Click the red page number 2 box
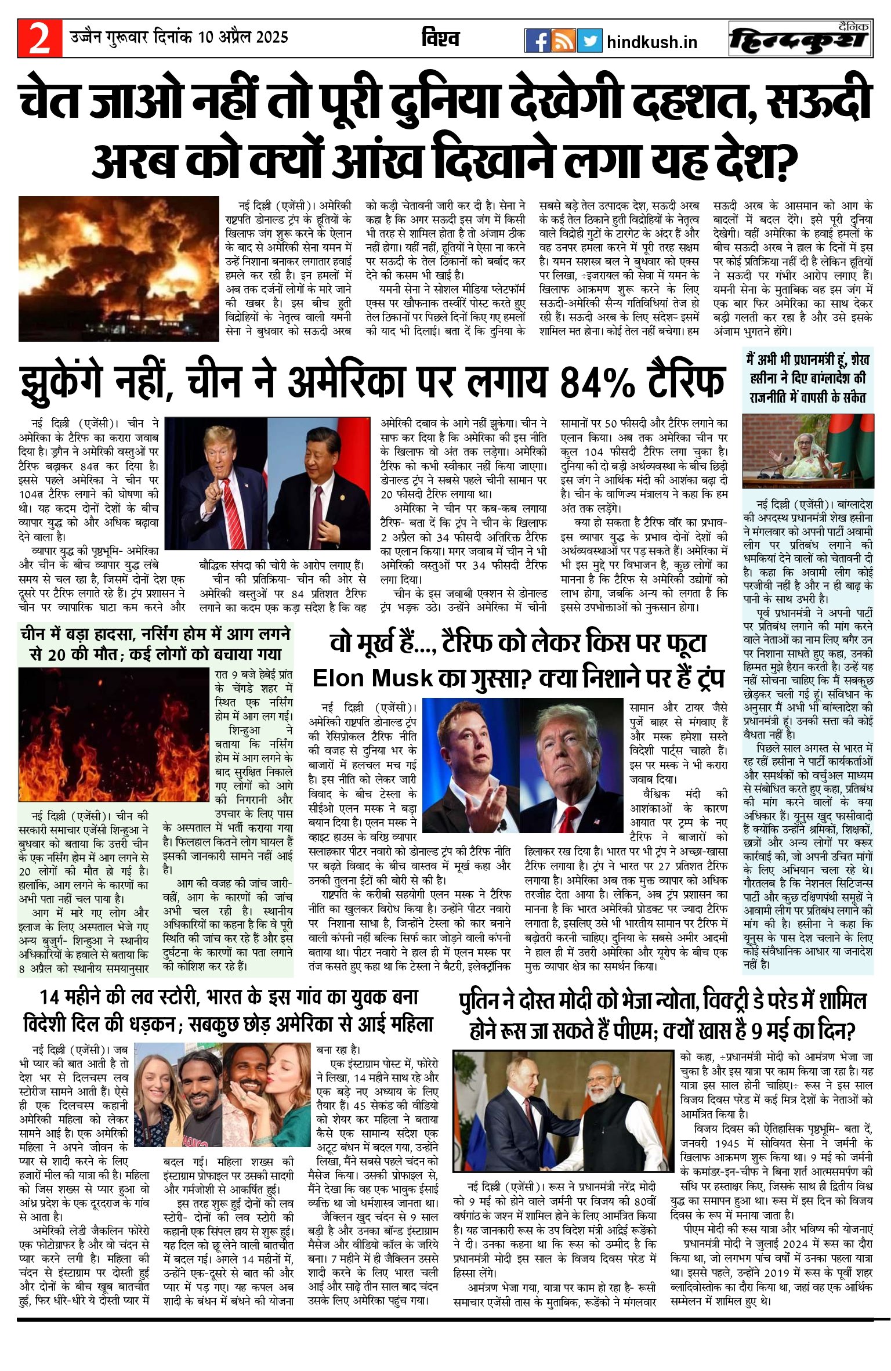pyautogui.click(x=39, y=38)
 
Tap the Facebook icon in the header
pyautogui.click(x=537, y=41)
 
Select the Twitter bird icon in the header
pyautogui.click(x=589, y=41)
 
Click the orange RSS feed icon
pyautogui.click(x=563, y=41)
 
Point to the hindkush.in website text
pyautogui.click(x=651, y=42)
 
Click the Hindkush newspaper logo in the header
pyautogui.click(x=801, y=39)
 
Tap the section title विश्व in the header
pyautogui.click(x=440, y=38)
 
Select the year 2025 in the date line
pyautogui.click(x=272, y=37)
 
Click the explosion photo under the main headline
pyautogui.click(x=119, y=268)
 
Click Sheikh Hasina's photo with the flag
pyautogui.click(x=808, y=451)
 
